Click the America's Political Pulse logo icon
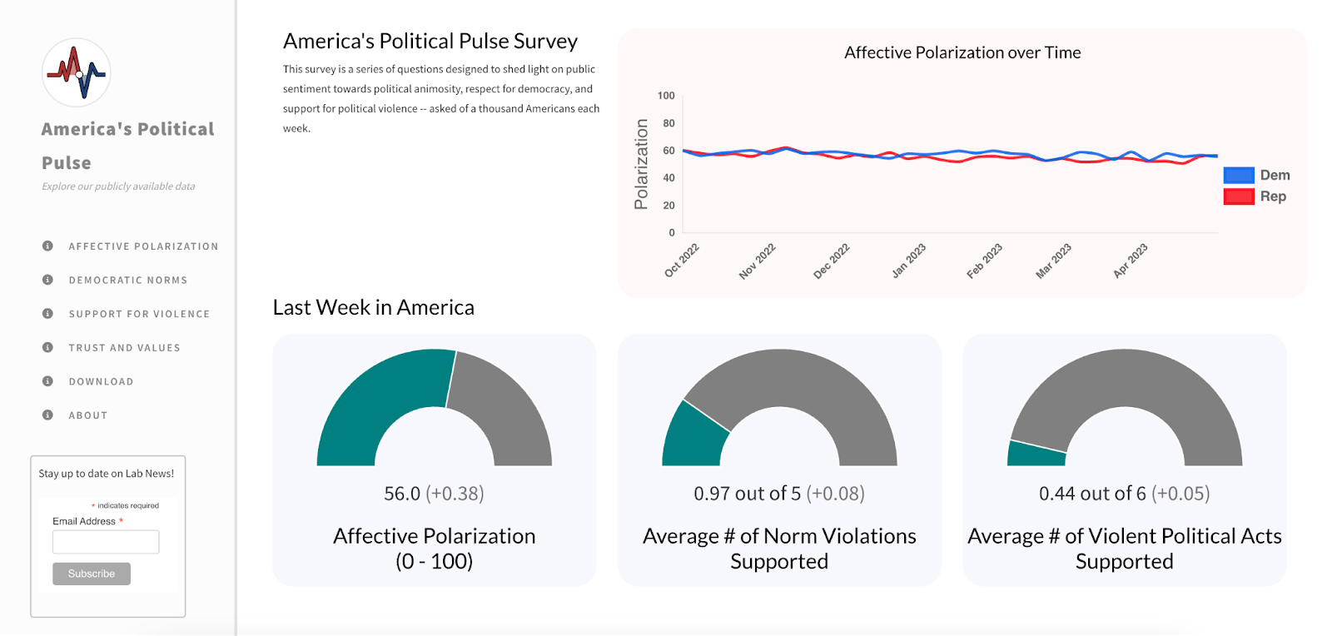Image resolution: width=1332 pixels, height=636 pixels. [76, 72]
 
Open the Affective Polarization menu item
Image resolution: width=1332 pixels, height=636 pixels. [143, 246]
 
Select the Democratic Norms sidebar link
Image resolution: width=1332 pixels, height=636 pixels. [128, 280]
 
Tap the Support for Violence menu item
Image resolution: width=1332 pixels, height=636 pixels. [139, 314]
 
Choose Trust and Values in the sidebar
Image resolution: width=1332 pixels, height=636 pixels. [124, 348]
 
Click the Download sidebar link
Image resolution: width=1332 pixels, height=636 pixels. [101, 381]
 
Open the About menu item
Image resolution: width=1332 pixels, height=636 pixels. [88, 415]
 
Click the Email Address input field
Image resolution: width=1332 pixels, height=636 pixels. [106, 541]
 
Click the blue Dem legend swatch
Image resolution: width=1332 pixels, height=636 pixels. [1239, 175]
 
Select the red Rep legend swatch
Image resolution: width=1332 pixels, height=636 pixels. [1239, 196]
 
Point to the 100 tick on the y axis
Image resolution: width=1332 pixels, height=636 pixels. [666, 96]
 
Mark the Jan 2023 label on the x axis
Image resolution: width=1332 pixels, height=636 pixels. [908, 261]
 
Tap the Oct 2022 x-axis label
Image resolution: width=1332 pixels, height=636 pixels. [682, 261]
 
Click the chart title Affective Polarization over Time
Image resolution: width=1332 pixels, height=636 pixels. [962, 52]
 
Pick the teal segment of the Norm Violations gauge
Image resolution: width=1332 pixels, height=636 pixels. [693, 438]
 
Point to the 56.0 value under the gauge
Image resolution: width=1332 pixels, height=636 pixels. [402, 494]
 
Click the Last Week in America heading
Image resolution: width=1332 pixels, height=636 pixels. [374, 307]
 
